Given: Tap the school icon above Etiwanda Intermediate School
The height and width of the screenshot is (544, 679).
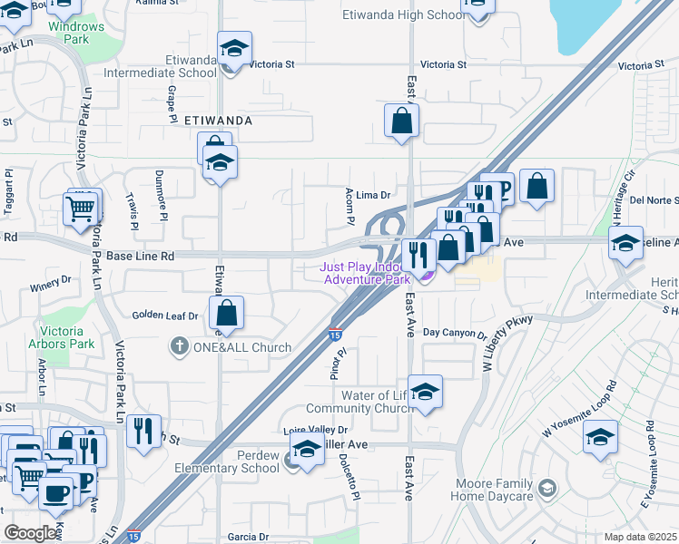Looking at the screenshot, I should tap(235, 52).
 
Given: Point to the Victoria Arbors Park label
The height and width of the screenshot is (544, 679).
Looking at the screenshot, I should tap(68, 337).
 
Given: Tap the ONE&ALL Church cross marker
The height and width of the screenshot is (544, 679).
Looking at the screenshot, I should tap(180, 346).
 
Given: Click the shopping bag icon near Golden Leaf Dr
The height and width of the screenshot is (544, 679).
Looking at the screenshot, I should tap(227, 314).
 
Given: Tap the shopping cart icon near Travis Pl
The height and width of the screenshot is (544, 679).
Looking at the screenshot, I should tap(81, 209).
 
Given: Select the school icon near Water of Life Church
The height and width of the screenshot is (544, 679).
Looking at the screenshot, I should tap(425, 393).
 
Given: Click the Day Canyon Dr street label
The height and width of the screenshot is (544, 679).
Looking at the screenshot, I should tap(455, 334).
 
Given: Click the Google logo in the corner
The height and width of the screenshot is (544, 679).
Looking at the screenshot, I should tap(31, 533).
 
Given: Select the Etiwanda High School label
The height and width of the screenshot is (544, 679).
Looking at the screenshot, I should tap(403, 15).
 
